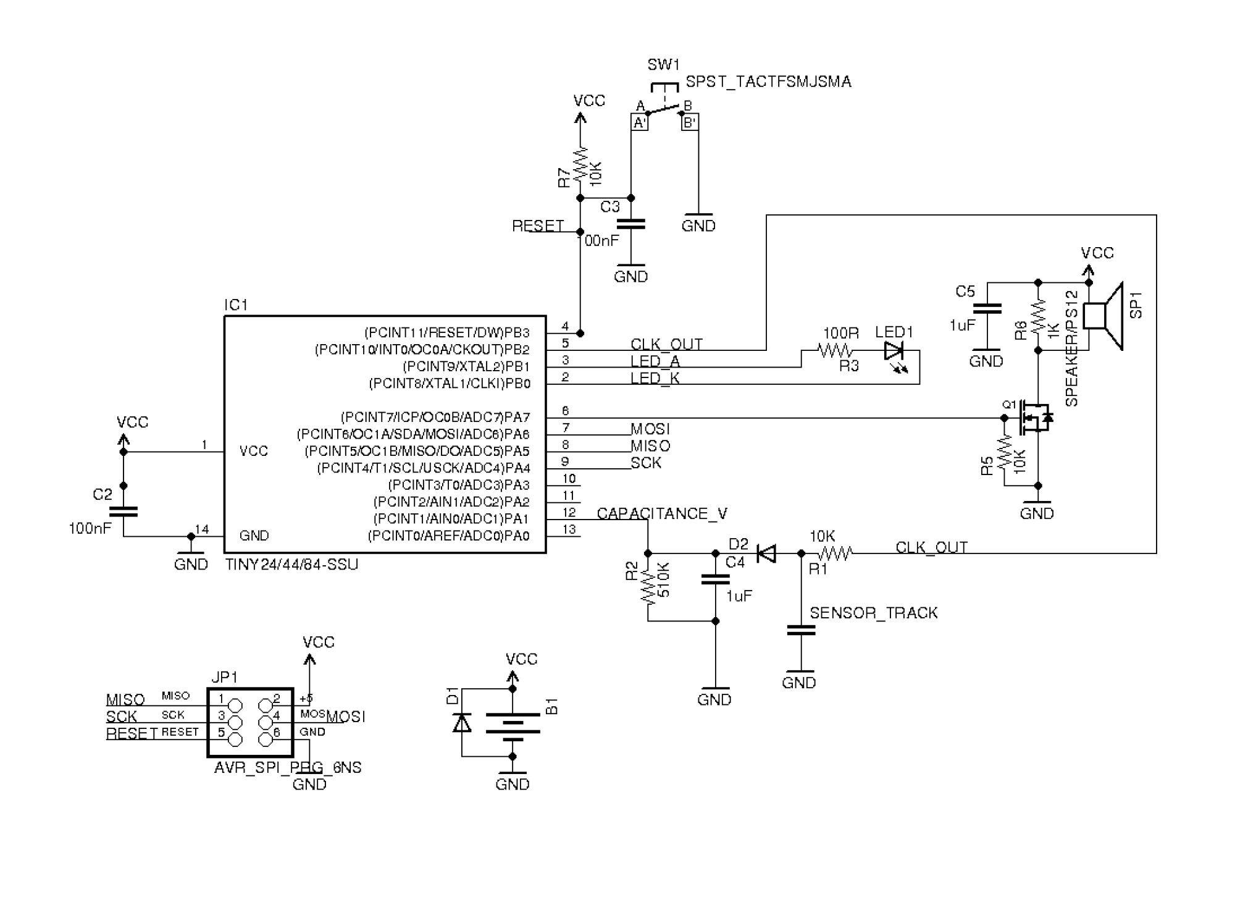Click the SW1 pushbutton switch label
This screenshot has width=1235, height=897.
click(663, 65)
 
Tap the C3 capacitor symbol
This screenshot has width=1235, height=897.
click(630, 224)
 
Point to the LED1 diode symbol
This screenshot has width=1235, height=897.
click(894, 352)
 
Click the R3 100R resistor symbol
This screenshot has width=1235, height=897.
click(835, 351)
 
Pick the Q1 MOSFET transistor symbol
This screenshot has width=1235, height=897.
click(1035, 418)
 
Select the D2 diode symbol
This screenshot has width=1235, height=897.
click(766, 554)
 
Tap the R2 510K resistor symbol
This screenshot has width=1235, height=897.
click(648, 587)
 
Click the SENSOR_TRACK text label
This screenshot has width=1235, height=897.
click(873, 613)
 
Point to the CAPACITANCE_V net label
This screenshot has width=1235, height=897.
click(662, 514)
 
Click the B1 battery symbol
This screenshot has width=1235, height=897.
click(513, 723)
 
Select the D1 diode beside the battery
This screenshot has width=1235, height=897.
click(462, 722)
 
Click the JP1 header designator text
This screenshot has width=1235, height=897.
click(225, 677)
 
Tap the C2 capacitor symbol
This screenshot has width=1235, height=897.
click(124, 511)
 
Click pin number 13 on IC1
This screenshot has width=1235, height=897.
click(569, 529)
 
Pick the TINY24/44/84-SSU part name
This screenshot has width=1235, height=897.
click(291, 565)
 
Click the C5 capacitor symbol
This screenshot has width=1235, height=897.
click(986, 309)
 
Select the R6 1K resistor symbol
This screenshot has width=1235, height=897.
click(1038, 316)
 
